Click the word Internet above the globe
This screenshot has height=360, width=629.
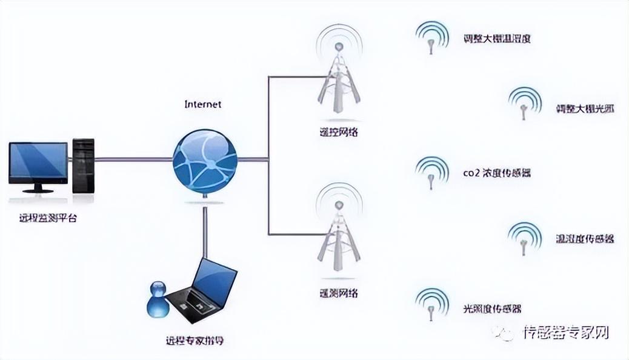tap(202, 104)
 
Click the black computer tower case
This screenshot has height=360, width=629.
tap(83, 165)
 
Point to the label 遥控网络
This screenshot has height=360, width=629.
tap(340, 132)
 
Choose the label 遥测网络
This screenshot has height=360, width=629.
tap(339, 293)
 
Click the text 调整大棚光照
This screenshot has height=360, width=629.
tap(585, 110)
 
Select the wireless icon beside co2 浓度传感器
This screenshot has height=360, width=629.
tap(431, 173)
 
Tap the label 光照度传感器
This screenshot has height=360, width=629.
tap(491, 308)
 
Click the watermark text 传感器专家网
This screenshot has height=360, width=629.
tap(565, 332)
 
